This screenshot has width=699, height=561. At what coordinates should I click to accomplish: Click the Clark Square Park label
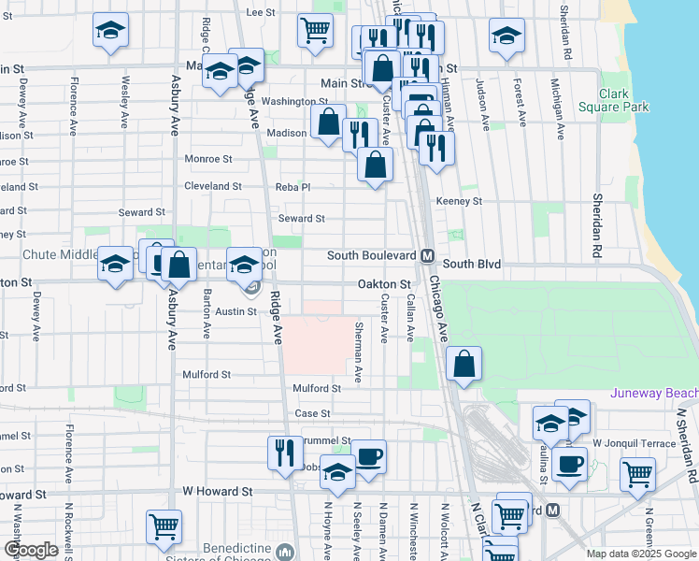[624, 100]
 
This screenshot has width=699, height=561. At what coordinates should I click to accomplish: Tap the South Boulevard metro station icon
[427, 255]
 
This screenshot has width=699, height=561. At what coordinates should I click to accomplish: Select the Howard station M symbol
[553, 511]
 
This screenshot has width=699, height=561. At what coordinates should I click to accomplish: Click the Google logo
[31, 550]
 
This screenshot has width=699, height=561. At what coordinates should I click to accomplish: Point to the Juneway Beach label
[653, 394]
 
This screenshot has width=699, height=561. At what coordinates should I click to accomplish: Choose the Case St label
[313, 413]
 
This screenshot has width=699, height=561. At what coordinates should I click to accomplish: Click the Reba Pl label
[292, 187]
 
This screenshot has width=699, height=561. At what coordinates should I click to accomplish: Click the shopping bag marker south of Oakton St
[464, 364]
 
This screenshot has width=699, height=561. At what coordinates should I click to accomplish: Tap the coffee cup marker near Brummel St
[367, 457]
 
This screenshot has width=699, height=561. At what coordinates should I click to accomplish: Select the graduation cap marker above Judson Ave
[506, 37]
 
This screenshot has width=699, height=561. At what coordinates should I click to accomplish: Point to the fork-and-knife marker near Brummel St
[285, 453]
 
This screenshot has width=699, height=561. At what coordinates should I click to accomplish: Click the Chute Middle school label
[49, 254]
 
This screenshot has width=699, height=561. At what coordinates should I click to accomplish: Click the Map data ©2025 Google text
[641, 554]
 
